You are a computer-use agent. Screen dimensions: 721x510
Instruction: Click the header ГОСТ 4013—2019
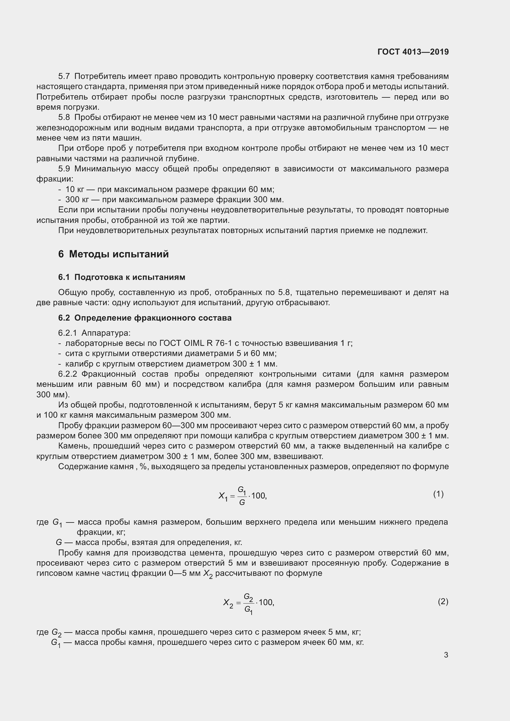point(413,52)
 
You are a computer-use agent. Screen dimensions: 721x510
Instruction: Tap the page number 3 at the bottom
point(446,655)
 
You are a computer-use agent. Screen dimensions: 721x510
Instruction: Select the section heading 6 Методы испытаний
point(113,254)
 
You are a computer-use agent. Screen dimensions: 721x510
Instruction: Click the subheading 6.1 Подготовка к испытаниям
point(121,277)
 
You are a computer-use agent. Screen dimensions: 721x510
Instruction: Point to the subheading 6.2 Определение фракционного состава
point(145,318)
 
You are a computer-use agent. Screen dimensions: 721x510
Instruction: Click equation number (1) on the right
point(438,494)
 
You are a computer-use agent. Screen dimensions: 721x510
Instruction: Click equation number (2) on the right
point(443,601)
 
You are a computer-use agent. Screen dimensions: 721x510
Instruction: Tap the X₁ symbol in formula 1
point(223,496)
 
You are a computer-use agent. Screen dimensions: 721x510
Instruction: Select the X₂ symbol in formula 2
point(228,603)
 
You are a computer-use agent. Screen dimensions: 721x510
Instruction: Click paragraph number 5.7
point(64,76)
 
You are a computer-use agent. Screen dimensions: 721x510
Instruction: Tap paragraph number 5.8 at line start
point(64,117)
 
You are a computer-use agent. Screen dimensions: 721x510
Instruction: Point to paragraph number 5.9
point(64,169)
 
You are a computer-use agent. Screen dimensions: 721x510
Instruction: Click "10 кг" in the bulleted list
point(74,189)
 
